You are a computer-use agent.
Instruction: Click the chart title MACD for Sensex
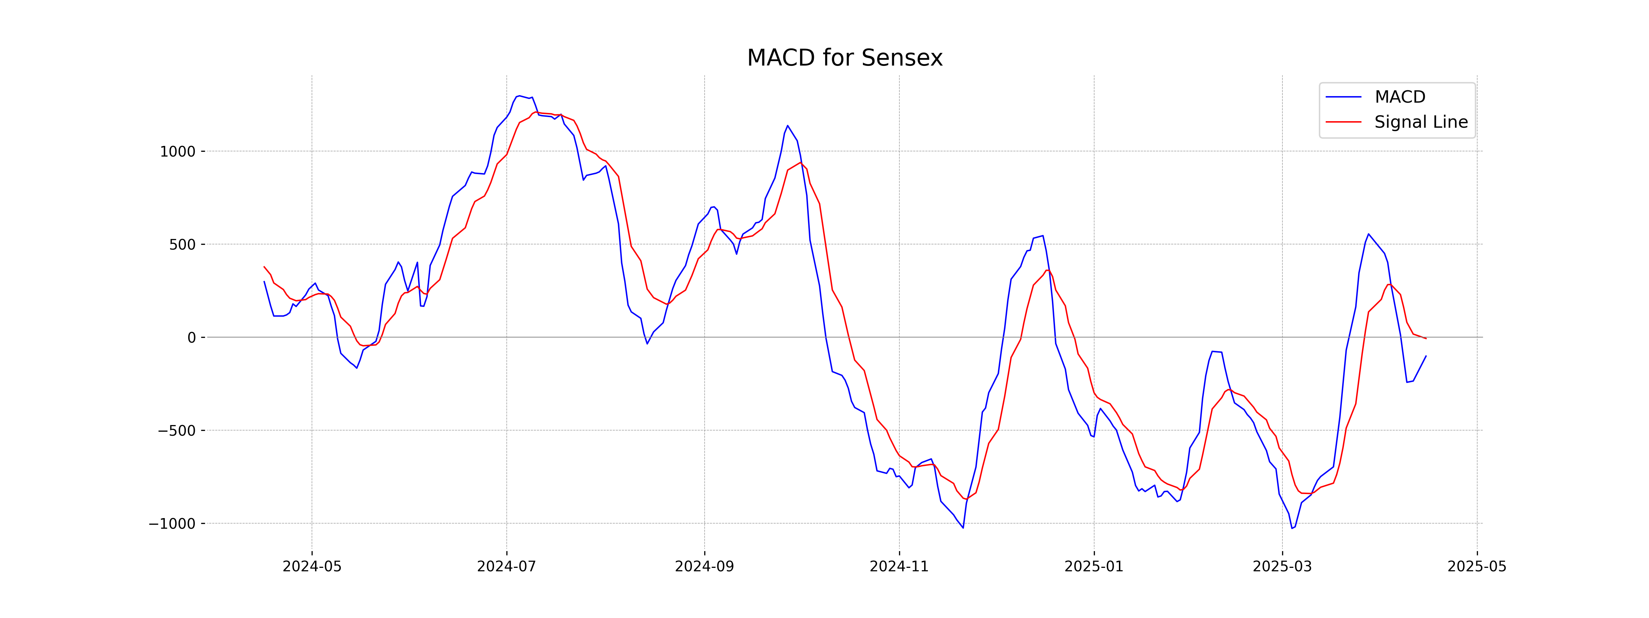point(844,58)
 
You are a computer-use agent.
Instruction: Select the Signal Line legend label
point(1421,122)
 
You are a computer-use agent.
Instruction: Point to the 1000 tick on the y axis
point(177,152)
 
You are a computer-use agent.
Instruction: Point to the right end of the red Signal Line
point(1426,339)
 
